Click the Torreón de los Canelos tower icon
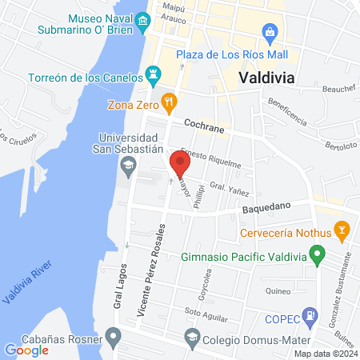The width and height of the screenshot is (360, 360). point(151,78)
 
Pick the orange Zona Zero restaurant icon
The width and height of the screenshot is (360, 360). point(168,102)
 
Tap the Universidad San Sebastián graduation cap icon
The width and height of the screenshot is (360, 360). point(127,166)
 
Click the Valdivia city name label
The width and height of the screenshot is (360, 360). point(266,78)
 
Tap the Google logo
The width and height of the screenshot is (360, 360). point(26,350)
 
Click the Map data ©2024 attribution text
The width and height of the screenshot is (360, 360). point(325,354)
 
